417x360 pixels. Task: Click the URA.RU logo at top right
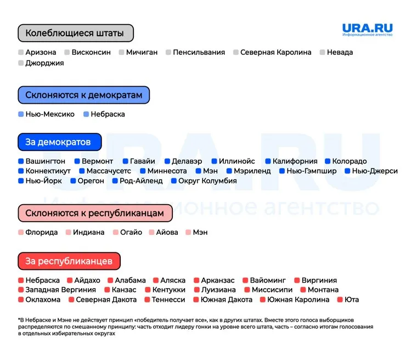[x=367, y=30]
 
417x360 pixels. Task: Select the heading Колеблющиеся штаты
[x=75, y=33]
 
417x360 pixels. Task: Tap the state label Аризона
[x=41, y=52]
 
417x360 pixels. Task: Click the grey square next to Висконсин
[x=67, y=52]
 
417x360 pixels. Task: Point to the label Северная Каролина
[x=275, y=52]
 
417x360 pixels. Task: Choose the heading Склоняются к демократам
[x=83, y=95]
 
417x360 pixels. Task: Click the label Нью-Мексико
[x=49, y=114]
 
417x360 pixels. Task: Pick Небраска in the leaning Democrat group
[x=108, y=114]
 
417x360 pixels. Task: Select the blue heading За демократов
[x=59, y=142]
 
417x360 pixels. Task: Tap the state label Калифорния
[x=295, y=161]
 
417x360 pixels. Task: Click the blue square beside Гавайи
[x=125, y=161]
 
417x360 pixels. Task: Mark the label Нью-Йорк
[x=43, y=181]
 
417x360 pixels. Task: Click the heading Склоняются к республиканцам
[x=94, y=212]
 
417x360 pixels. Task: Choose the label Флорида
[x=41, y=232]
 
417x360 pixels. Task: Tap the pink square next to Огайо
[x=116, y=232]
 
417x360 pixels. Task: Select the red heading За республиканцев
[x=69, y=261]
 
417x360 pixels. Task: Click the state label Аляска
[x=173, y=280]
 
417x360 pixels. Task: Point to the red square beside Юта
[x=340, y=300]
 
